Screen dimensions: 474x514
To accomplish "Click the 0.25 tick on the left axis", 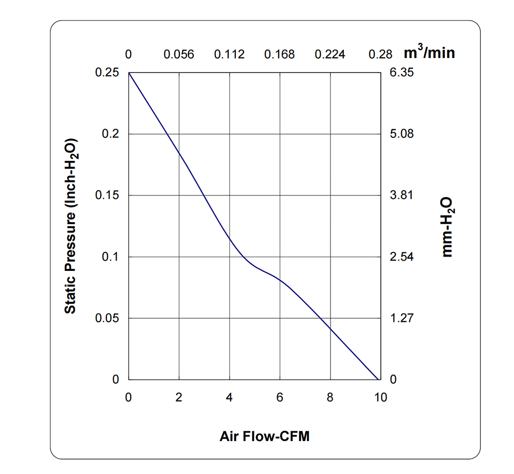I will pyautogui.click(x=107, y=72).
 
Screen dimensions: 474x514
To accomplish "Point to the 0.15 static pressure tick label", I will pyautogui.click(x=107, y=195).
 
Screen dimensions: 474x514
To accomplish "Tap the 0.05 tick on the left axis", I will pyautogui.click(x=107, y=318).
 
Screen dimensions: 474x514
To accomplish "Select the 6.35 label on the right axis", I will pyautogui.click(x=401, y=72).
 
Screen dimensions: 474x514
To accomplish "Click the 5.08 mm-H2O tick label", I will pyautogui.click(x=401, y=134).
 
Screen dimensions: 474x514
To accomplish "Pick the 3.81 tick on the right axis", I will pyautogui.click(x=401, y=195).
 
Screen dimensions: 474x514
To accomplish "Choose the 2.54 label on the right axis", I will pyautogui.click(x=401, y=257).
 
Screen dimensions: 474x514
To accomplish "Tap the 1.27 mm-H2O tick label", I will pyautogui.click(x=401, y=318).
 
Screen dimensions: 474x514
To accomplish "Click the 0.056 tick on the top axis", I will pyautogui.click(x=179, y=54).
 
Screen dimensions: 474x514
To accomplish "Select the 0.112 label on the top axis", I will pyautogui.click(x=229, y=54).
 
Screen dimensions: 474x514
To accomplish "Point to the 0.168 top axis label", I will pyautogui.click(x=280, y=54).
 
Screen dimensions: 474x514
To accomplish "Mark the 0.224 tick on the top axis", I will pyautogui.click(x=330, y=54).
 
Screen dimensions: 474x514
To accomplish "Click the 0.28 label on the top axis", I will pyautogui.click(x=380, y=54).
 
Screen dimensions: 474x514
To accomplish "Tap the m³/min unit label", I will pyautogui.click(x=429, y=52).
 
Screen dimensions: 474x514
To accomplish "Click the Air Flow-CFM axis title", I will pyautogui.click(x=265, y=437).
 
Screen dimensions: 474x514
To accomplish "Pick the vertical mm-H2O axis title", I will pyautogui.click(x=448, y=226).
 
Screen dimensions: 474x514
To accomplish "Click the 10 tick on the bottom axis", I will pyautogui.click(x=380, y=397).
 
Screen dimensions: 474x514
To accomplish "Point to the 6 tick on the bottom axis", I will pyautogui.click(x=280, y=397).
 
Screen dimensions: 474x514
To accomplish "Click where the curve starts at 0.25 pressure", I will pyautogui.click(x=129, y=73).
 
